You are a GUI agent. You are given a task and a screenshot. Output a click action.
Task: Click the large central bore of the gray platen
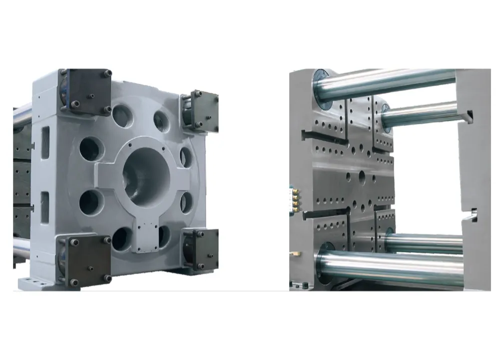pyautogui.click(x=146, y=178)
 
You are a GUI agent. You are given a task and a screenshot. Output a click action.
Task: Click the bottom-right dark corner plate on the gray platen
pyautogui.click(x=201, y=249)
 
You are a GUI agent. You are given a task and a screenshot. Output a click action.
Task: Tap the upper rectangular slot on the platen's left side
pyautogui.click(x=45, y=142)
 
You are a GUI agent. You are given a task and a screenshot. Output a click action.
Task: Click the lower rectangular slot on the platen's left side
pyautogui.click(x=45, y=207)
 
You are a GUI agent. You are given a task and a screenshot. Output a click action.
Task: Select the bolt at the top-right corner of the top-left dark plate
pyautogui.click(x=107, y=74)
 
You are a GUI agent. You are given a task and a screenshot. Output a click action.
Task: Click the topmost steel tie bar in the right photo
pyautogui.click(x=390, y=82)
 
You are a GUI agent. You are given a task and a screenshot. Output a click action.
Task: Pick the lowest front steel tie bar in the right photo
pyautogui.click(x=395, y=269)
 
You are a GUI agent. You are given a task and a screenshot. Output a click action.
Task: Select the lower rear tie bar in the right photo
pyautogui.click(x=425, y=243)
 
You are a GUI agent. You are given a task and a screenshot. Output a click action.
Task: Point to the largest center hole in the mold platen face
pyautogui.click(x=362, y=176)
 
